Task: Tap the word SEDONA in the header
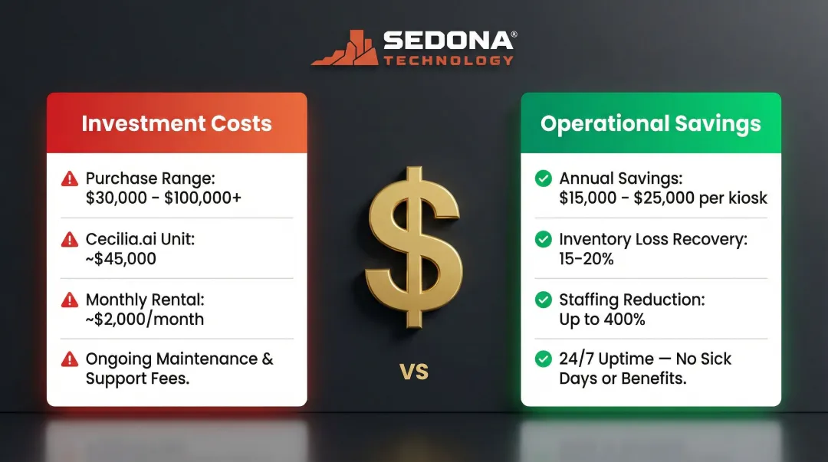[449, 41]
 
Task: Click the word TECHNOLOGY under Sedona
[449, 60]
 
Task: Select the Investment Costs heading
[176, 123]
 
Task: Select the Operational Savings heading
[651, 123]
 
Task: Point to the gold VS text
[414, 372]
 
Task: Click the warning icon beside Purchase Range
[70, 179]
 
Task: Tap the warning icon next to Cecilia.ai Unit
[70, 239]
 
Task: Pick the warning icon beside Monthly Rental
[70, 300]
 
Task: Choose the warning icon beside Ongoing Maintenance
[70, 359]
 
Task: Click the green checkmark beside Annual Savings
[543, 179]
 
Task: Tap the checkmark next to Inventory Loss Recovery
[543, 239]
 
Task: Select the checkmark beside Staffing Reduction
[543, 300]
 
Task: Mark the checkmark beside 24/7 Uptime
[543, 359]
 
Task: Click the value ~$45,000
[121, 259]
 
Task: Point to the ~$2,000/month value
[145, 319]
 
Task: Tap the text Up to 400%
[602, 319]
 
